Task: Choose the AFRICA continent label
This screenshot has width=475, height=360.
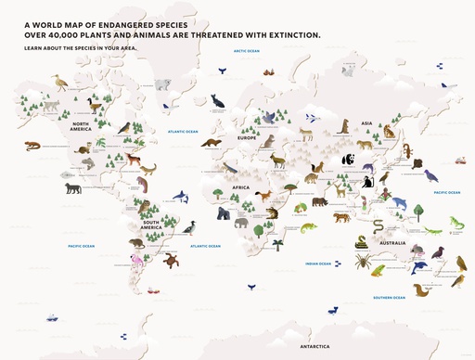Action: [240, 187]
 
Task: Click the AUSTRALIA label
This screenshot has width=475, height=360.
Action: [392, 243]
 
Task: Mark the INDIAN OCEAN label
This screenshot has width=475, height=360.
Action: [318, 264]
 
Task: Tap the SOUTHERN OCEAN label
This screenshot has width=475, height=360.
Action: [388, 297]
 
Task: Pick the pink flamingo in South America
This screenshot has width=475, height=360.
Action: [139, 264]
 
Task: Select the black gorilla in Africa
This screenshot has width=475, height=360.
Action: [224, 214]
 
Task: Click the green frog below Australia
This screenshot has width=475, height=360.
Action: [378, 271]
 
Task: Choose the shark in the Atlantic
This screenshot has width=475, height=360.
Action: [182, 197]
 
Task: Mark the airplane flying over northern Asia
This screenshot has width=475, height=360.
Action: [313, 118]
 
